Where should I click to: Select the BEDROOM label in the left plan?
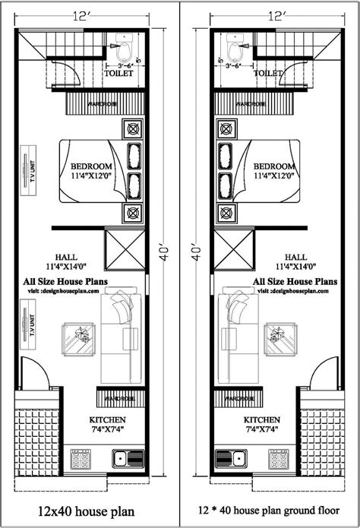click(92, 166)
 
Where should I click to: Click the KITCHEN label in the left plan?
click(107, 419)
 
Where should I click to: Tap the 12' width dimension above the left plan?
click(83, 14)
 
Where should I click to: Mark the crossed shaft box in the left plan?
click(125, 248)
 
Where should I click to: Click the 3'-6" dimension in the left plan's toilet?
click(122, 65)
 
